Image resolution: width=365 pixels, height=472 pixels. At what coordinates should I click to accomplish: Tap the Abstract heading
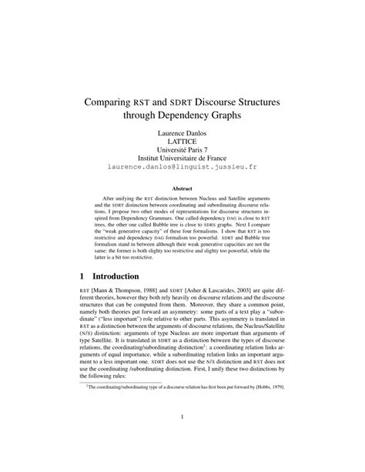click(182, 187)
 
